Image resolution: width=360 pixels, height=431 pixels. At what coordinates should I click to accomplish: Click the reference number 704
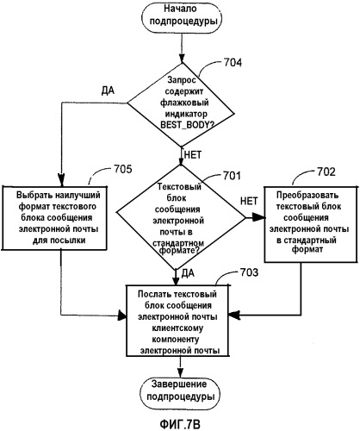click(233, 63)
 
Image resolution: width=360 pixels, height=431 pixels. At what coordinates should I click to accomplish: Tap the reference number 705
click(123, 169)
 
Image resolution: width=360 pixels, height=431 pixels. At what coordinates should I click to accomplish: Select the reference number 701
click(232, 176)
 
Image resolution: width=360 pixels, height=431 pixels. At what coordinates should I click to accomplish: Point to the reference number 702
click(326, 172)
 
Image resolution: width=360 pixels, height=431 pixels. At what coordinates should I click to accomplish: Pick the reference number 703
click(249, 272)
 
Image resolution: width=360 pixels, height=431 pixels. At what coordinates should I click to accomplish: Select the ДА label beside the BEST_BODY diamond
click(108, 91)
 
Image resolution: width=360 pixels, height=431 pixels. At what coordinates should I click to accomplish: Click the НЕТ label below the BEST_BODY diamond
click(193, 155)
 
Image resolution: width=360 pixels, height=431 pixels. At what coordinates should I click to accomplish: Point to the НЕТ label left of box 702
click(249, 201)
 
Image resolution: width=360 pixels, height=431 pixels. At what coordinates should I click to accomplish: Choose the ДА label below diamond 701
click(188, 273)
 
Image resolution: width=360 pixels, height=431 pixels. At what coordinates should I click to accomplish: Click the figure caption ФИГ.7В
click(180, 424)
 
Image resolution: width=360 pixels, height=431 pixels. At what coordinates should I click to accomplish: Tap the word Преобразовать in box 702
click(307, 196)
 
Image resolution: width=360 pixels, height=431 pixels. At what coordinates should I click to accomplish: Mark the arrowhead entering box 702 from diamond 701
click(258, 218)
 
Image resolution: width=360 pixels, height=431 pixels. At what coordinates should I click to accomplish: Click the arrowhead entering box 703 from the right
click(235, 315)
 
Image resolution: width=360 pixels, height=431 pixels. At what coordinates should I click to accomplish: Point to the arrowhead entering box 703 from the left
click(122, 316)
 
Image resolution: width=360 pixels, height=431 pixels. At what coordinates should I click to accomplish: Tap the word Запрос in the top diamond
click(182, 79)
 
